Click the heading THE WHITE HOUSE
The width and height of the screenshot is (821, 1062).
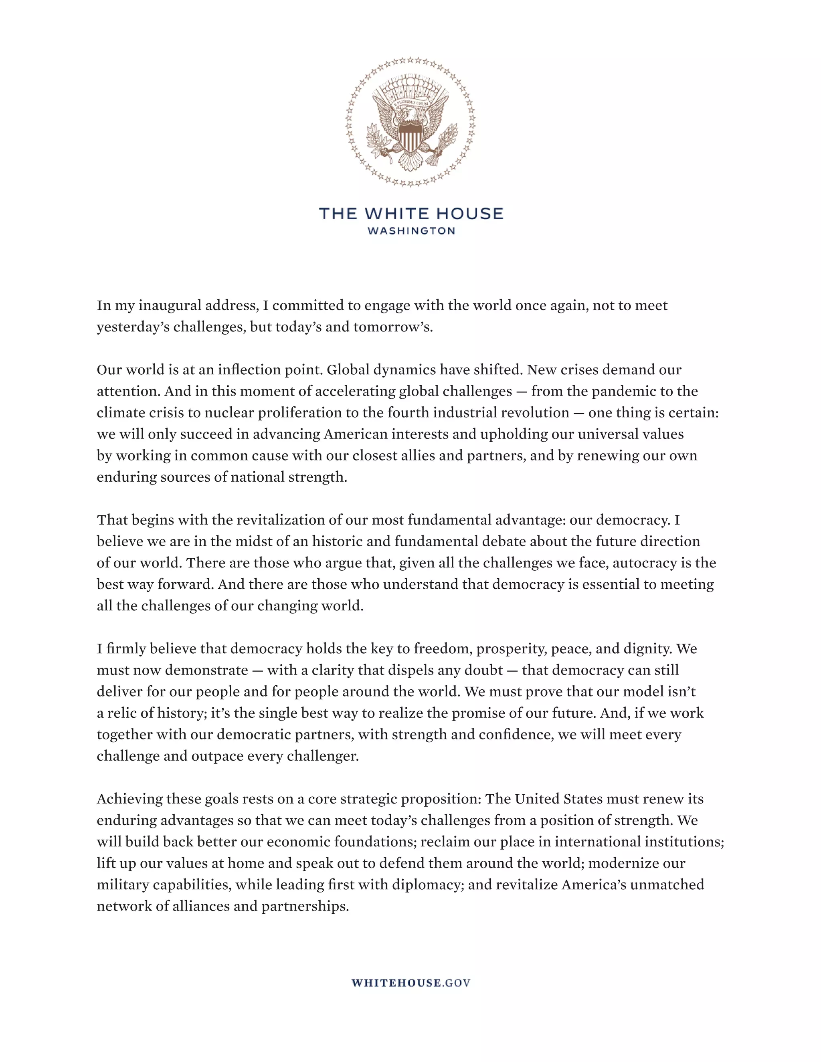411,214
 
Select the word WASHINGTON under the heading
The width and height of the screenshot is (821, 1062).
411,231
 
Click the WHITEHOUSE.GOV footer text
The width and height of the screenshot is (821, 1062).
411,983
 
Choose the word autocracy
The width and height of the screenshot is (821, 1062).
645,563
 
